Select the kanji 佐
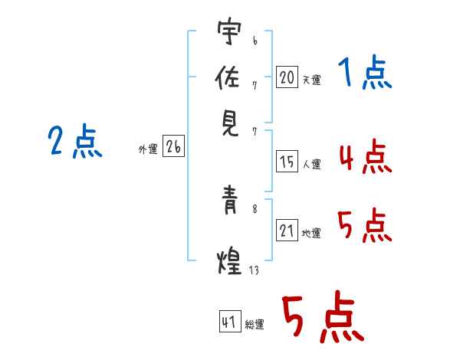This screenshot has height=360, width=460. [x=228, y=78]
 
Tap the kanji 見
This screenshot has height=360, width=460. [x=228, y=122]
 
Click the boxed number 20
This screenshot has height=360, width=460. [x=287, y=77]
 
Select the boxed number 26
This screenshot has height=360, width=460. [x=173, y=148]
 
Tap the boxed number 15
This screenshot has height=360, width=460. [x=287, y=162]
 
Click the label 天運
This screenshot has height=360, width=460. [x=311, y=79]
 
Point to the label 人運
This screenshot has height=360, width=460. [x=311, y=164]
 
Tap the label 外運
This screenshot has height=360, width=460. [x=147, y=150]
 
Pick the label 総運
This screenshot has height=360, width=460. [x=255, y=325]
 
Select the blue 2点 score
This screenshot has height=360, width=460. [x=74, y=142]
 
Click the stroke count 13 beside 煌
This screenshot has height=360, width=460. [x=254, y=269]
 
